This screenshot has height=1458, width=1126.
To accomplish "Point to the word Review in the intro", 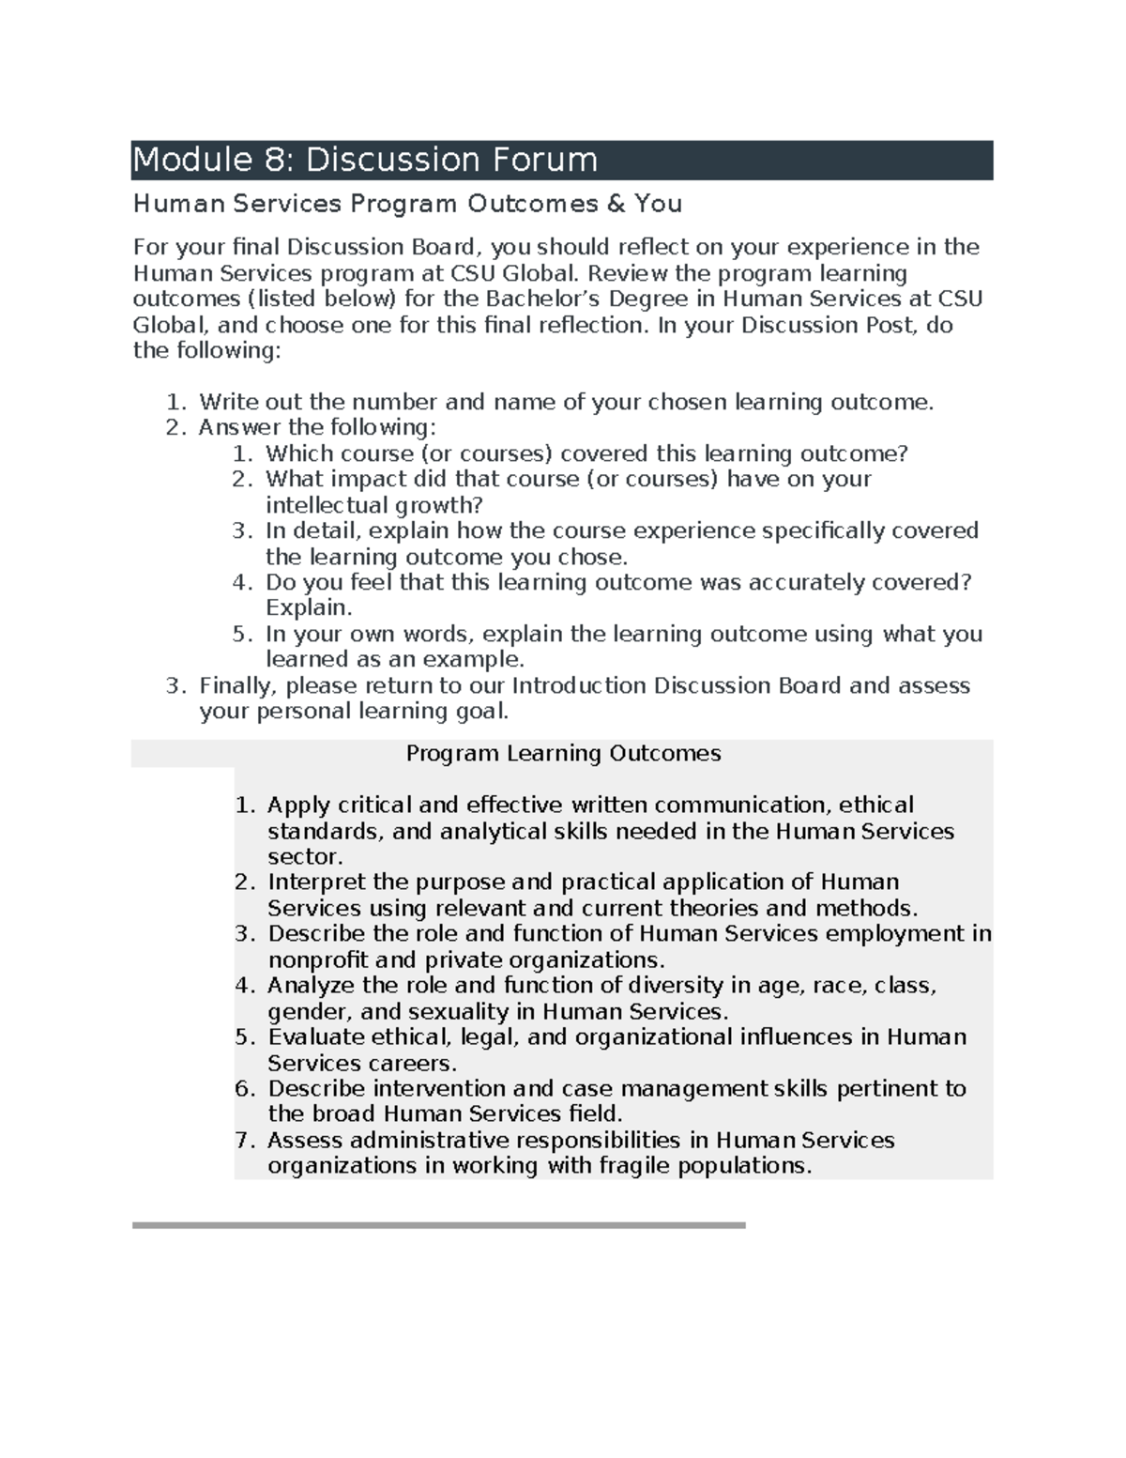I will pos(623,273).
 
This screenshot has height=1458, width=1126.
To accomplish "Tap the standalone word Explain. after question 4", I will pos(309,608).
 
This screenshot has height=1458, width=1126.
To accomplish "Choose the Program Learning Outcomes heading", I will pos(563,754).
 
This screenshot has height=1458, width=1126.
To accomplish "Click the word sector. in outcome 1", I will pos(305,857).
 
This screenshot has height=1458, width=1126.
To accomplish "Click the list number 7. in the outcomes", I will pos(245,1141).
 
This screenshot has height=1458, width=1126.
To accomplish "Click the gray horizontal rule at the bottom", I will pos(438,1225).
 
